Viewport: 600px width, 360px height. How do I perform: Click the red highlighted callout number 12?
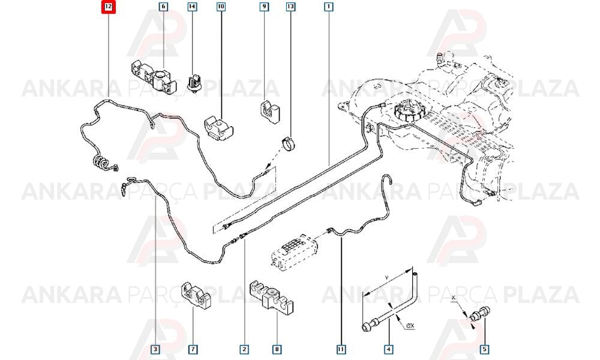point(109,7)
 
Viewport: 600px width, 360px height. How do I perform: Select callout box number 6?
point(163,7)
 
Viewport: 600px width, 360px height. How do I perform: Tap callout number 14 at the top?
point(192,7)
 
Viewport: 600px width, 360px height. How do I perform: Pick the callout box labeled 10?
point(221,7)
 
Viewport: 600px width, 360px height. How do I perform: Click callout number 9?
point(264,7)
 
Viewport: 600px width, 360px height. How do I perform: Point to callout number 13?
point(291,7)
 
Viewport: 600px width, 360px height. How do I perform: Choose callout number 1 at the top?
point(328,7)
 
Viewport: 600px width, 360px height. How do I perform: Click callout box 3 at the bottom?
point(155,349)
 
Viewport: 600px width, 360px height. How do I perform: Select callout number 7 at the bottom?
point(193,349)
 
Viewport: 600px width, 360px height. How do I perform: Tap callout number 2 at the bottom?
point(244,349)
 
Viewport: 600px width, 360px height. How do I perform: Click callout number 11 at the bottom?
point(341,349)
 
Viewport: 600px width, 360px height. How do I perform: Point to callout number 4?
point(388,349)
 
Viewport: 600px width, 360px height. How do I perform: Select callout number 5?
point(484,349)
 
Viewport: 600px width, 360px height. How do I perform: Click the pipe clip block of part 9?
point(270,112)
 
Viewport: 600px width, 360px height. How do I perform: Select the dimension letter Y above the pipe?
point(387,277)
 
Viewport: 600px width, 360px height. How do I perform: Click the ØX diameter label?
point(410,326)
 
